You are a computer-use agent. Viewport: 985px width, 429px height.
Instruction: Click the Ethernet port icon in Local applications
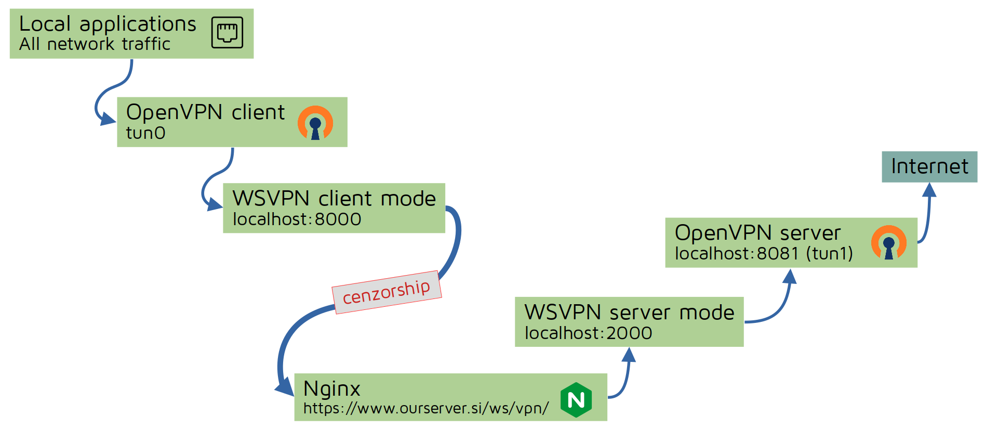click(x=227, y=32)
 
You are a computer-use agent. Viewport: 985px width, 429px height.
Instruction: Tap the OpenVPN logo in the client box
click(x=315, y=123)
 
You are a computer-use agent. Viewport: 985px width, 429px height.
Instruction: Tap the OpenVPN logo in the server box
click(x=888, y=243)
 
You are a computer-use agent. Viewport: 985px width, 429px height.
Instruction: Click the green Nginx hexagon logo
click(x=576, y=400)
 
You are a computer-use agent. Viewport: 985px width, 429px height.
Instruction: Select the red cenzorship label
click(x=387, y=292)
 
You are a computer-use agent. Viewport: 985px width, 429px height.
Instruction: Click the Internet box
click(x=929, y=167)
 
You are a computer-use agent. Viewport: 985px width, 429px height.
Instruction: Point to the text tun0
click(x=145, y=133)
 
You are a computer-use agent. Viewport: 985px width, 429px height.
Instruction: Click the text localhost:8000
click(x=297, y=219)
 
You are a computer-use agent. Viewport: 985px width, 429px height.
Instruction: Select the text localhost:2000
click(x=588, y=333)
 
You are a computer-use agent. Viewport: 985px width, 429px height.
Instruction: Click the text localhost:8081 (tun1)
click(x=764, y=253)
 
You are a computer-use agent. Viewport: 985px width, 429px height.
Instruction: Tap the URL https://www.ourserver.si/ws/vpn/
click(x=425, y=408)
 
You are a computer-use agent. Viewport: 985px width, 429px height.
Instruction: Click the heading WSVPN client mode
click(x=334, y=199)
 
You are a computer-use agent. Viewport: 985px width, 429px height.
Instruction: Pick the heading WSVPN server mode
click(x=629, y=313)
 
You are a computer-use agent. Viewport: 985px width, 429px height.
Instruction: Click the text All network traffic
click(x=95, y=44)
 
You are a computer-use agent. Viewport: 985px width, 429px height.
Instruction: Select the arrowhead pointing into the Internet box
click(x=929, y=190)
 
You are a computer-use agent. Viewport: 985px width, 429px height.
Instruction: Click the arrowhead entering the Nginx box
click(x=285, y=387)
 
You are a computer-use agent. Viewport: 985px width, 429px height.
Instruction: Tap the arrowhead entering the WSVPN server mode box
click(x=629, y=355)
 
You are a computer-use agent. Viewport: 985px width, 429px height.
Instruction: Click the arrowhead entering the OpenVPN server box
click(x=790, y=277)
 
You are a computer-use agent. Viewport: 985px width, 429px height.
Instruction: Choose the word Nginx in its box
click(x=331, y=389)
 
